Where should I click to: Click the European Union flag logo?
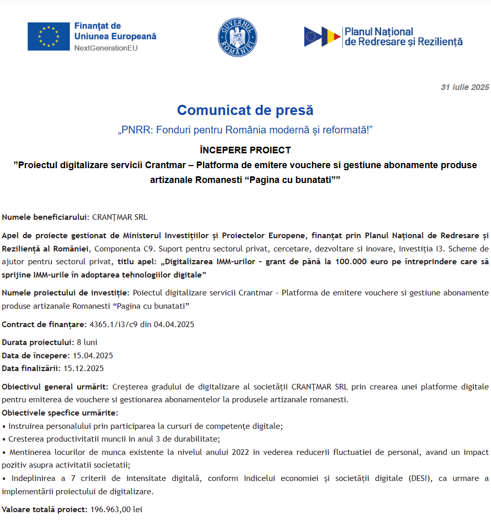point(49,36)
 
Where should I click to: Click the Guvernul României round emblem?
point(237,37)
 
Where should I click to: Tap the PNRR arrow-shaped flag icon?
point(322,37)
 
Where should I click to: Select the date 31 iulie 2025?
point(465,87)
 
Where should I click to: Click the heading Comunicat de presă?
point(245,110)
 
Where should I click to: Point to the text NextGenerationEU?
point(106,48)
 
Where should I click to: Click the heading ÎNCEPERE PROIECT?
point(245,150)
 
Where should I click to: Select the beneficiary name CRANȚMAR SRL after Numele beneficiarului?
point(120,217)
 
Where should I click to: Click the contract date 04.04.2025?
point(174,325)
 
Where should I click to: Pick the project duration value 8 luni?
point(87,342)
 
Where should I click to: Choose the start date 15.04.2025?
point(93,355)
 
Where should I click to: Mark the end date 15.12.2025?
point(83,368)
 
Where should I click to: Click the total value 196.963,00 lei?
point(116,510)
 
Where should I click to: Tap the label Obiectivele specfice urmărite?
point(60,412)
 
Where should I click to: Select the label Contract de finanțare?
point(44,325)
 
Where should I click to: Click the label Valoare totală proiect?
point(44,510)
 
